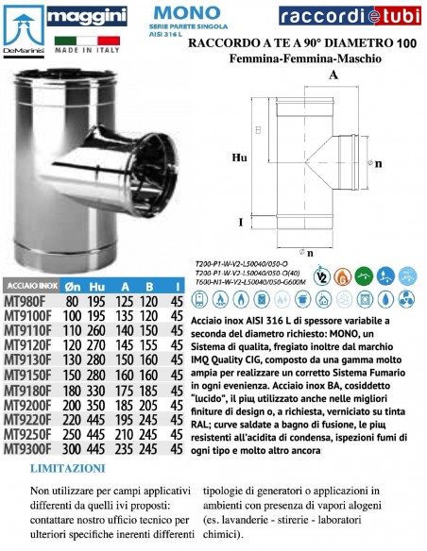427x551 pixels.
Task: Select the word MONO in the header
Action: (x=174, y=12)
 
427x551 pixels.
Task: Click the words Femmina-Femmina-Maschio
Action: (x=299, y=59)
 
